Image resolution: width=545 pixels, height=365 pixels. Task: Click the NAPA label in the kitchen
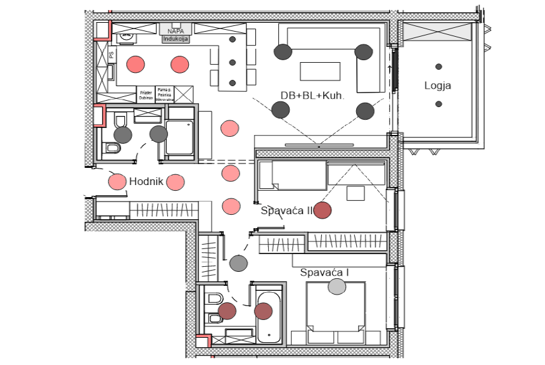tap(176, 30)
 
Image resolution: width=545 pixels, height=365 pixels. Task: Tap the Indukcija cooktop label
tap(176, 39)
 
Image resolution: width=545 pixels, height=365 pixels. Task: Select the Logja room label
tap(438, 86)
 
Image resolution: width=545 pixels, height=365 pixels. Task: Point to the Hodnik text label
tap(146, 182)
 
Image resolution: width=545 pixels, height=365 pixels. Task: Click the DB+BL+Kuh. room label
tap(312, 96)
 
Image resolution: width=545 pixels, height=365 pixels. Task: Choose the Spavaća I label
tap(325, 272)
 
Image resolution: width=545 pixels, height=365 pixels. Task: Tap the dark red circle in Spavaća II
tap(323, 210)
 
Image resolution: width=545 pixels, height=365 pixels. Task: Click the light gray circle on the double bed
tap(337, 286)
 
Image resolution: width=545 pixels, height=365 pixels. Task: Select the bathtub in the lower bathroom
tap(271, 317)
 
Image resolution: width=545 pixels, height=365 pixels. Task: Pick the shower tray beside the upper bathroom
tap(179, 138)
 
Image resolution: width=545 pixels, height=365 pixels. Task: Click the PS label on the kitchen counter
tap(112, 55)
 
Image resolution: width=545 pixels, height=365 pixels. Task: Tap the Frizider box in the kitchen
tap(146, 95)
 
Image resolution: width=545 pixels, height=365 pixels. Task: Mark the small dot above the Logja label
tap(439, 67)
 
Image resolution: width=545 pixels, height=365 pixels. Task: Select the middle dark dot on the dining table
tap(233, 62)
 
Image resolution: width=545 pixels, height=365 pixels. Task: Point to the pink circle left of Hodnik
tap(117, 182)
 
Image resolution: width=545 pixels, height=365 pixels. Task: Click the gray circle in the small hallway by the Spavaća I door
tap(238, 262)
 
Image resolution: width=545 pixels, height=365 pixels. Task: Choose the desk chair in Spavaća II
tap(356, 192)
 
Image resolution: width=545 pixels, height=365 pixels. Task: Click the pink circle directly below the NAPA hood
tap(180, 63)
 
